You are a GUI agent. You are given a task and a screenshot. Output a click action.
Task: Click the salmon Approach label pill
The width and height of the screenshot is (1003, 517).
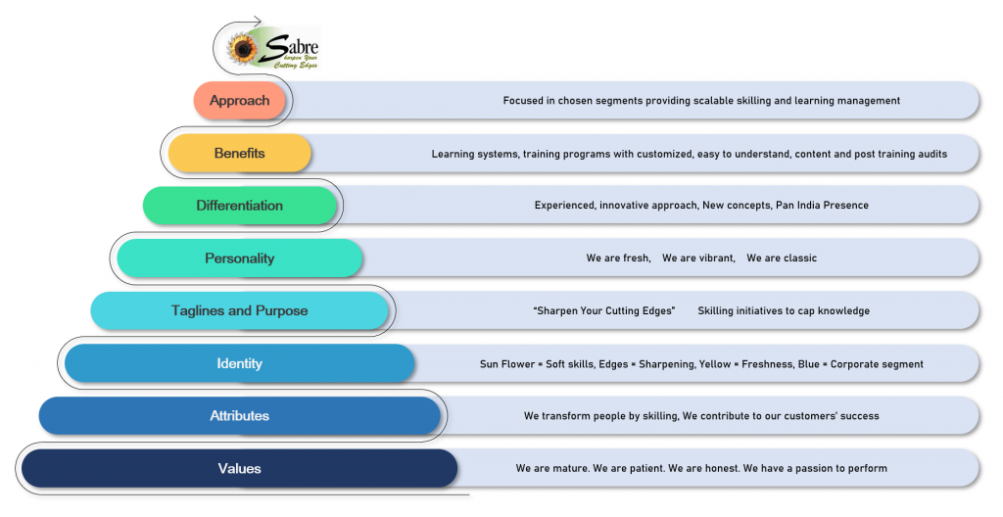click(x=239, y=101)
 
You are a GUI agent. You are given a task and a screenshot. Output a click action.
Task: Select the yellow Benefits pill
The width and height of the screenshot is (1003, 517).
click(x=239, y=154)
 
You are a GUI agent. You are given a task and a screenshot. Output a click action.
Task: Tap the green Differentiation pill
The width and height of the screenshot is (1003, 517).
click(x=239, y=206)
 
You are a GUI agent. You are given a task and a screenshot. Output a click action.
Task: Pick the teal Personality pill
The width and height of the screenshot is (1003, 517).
click(x=239, y=258)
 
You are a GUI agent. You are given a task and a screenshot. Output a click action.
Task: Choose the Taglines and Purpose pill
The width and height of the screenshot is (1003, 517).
click(x=239, y=310)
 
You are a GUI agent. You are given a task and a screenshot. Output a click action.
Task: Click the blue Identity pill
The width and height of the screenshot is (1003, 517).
click(x=239, y=363)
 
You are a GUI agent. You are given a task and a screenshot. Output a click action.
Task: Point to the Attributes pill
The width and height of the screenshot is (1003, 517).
click(x=239, y=416)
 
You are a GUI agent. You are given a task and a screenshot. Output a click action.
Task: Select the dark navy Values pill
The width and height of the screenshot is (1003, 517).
click(x=239, y=468)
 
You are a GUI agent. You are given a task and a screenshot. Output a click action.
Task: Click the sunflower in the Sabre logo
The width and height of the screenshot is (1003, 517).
click(x=241, y=47)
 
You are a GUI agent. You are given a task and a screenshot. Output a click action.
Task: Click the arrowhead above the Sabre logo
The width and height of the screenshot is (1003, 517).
click(x=257, y=20)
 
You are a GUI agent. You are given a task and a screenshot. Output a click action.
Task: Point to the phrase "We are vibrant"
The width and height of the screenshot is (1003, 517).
click(x=697, y=258)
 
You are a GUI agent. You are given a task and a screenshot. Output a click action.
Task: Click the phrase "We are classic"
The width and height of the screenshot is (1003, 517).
click(x=781, y=258)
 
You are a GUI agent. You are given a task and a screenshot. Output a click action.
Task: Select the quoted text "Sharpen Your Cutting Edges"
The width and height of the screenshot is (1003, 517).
click(x=604, y=311)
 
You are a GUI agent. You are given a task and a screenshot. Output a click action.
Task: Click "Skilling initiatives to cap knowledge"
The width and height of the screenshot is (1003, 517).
click(x=784, y=311)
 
